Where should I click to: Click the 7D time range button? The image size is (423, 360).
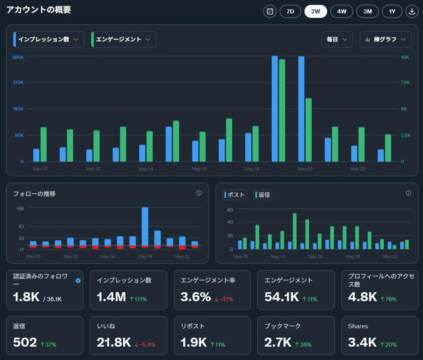[290, 11]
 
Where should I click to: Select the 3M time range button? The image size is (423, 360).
[367, 11]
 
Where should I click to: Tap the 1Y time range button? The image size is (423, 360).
[392, 11]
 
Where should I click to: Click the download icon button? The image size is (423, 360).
[412, 11]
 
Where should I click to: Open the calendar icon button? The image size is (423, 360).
[270, 11]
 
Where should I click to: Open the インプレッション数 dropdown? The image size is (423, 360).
[49, 39]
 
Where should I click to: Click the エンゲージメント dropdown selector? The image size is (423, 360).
[123, 39]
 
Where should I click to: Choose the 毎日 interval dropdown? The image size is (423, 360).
[337, 39]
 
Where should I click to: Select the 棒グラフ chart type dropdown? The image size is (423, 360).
[386, 39]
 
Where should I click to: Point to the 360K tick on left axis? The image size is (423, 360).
[18, 57]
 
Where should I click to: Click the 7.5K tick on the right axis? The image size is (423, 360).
[405, 82]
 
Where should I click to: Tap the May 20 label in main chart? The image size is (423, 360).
[305, 169]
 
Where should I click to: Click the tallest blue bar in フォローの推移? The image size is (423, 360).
[145, 226]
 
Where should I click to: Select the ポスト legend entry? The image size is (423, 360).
[234, 195]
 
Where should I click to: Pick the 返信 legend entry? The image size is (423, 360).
[263, 195]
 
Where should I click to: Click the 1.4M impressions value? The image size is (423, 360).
[111, 297]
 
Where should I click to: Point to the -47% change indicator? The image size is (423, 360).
[224, 299]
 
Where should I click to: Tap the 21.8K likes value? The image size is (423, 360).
[114, 343]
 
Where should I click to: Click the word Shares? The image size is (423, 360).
[358, 326]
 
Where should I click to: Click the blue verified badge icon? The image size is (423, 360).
[78, 281]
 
